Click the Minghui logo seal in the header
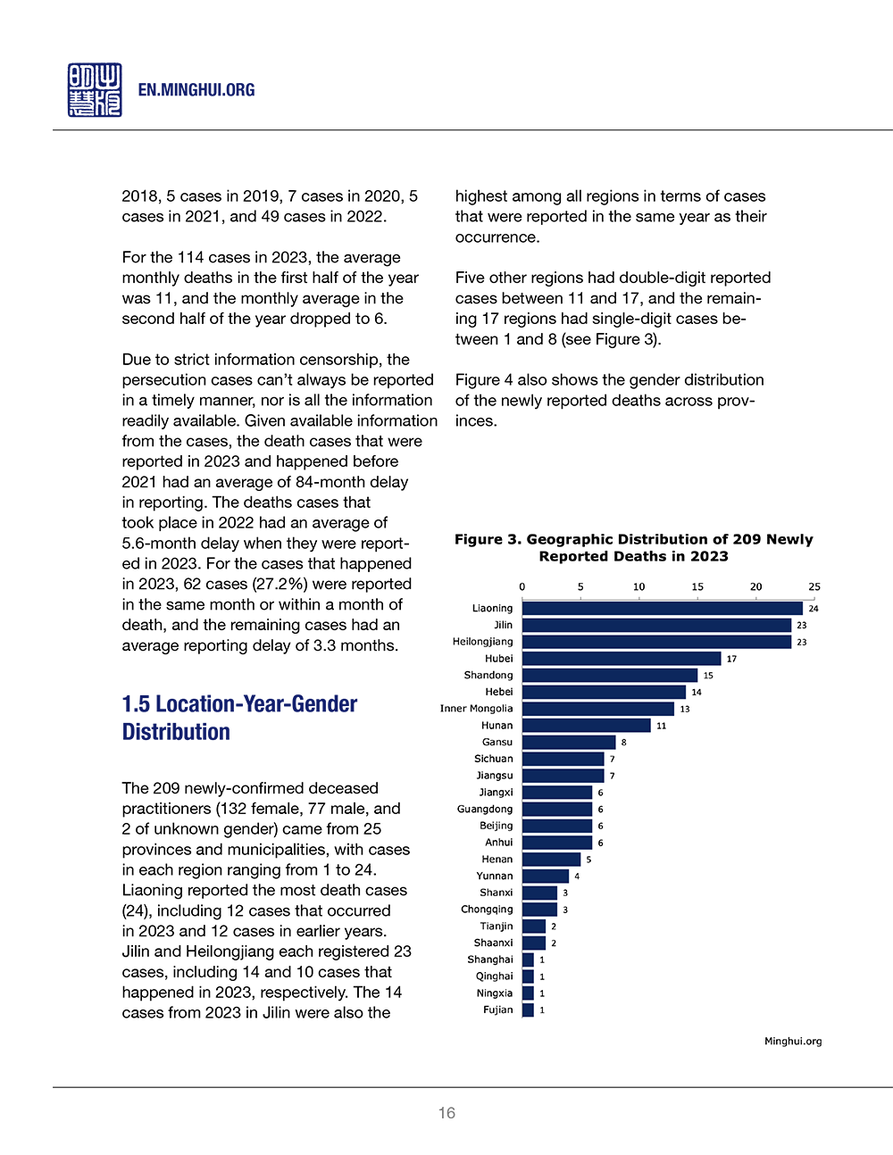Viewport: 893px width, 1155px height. click(95, 90)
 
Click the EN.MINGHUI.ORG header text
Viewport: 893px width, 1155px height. click(196, 90)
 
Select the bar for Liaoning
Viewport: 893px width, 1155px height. click(662, 608)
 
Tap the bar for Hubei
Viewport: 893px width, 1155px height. click(622, 659)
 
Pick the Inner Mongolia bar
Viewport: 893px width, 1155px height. click(598, 709)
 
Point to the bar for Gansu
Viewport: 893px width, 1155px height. click(569, 742)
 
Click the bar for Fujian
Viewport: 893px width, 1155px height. click(528, 1010)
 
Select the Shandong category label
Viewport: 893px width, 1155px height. click(488, 675)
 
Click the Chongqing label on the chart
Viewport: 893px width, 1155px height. click(487, 910)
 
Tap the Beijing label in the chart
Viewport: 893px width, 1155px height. click(496, 826)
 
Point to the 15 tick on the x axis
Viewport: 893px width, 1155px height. click(697, 586)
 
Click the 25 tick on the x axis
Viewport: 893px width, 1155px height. click(814, 586)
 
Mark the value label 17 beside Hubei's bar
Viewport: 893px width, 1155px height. click(731, 659)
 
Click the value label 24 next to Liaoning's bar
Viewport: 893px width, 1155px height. click(814, 609)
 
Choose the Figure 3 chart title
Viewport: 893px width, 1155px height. click(634, 547)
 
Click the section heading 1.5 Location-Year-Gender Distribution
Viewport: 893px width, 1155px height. click(239, 718)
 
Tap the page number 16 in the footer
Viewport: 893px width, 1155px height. click(446, 1113)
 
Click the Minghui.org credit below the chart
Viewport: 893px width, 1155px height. click(793, 1041)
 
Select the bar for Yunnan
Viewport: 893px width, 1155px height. click(546, 876)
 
